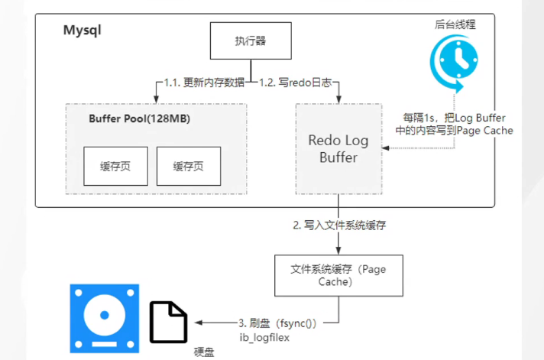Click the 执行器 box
[x=250, y=41]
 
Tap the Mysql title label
[x=82, y=32]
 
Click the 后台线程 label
[x=455, y=24]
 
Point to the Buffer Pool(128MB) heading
[x=139, y=119]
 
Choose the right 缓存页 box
[x=189, y=166]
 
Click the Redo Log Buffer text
[x=338, y=149]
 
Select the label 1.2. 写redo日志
[x=297, y=83]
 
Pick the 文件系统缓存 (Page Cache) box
[x=338, y=275]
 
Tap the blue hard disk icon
[x=105, y=317]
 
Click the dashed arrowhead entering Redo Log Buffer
[x=385, y=149]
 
